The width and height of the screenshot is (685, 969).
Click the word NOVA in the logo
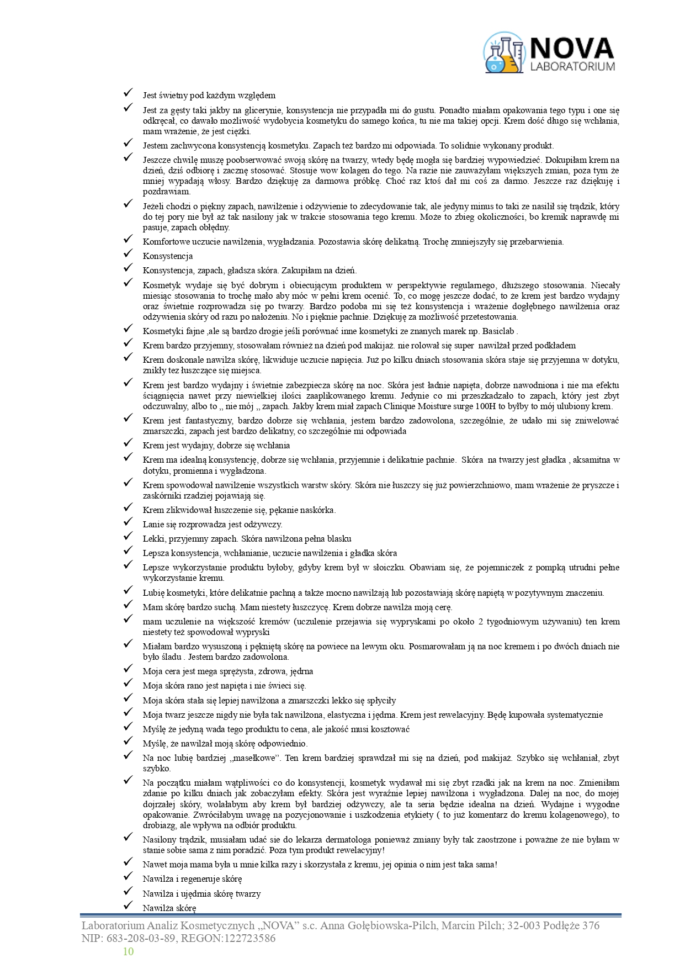click(572, 49)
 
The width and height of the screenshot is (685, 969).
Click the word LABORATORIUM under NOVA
click(572, 67)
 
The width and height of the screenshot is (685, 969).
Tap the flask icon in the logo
click(503, 53)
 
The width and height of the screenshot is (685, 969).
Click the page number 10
click(128, 951)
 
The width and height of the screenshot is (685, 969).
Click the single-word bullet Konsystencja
click(167, 256)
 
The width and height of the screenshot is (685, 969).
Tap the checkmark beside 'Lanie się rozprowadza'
click(128, 522)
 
